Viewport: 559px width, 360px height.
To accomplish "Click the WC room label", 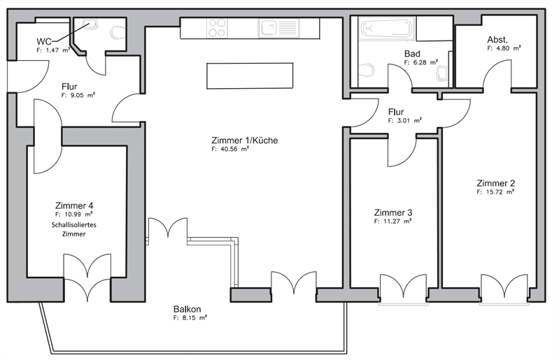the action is point(44,41).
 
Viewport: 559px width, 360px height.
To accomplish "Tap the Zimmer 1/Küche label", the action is point(245,141).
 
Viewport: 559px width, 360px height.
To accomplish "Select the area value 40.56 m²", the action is point(230,149).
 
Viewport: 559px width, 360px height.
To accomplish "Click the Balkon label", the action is point(187,309).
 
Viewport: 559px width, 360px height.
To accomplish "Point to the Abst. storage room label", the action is point(497,40).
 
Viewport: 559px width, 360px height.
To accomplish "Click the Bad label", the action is point(412,54).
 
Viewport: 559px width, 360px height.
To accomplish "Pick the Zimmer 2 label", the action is point(496,183).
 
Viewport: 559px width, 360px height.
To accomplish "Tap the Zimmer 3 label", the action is point(393,213).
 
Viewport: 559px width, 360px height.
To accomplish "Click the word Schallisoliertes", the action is point(73,225).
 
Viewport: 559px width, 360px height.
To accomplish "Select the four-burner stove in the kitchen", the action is point(217,28).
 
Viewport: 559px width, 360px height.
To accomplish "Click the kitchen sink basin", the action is point(269,28).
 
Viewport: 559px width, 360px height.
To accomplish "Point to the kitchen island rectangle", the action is point(250,76).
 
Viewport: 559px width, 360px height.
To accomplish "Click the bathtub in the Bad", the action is point(386,28).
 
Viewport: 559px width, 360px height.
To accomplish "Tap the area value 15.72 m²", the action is point(495,192).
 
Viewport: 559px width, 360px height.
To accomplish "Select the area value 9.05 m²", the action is point(78,96).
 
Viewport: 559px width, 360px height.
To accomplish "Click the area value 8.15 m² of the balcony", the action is point(190,318).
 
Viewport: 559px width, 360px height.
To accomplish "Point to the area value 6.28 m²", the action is point(421,62).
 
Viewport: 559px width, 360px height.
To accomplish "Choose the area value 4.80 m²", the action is point(504,48).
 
